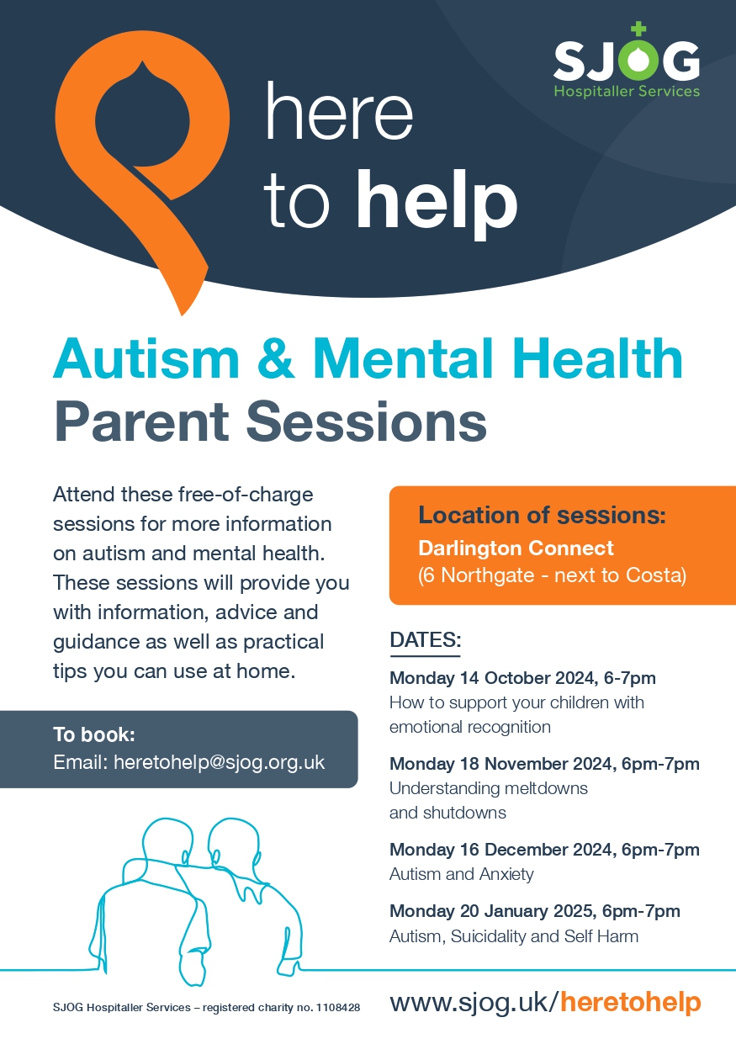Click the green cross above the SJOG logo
pos(638,29)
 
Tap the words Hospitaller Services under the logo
pos(627,91)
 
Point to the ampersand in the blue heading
pos(276,359)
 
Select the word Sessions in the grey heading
pos(367,421)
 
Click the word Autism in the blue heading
pos(146,358)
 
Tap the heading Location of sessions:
pos(542,515)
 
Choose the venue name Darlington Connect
pos(516,548)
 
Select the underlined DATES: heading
pos(425,640)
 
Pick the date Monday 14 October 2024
pos(494,678)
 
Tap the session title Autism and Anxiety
pos(462,874)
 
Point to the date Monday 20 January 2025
pos(493,911)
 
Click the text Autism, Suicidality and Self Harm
pos(514,936)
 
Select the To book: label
pos(94,734)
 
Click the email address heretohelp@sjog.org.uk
pos(219,763)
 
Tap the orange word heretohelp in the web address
pos(630,1002)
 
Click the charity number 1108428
pos(338,1008)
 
